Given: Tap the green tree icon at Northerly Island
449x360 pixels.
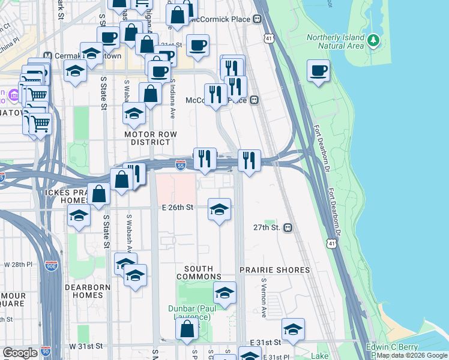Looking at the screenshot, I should tap(374, 40).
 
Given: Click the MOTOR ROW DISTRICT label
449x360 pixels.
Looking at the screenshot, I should tap(148, 138).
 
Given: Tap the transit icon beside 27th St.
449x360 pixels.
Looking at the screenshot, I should tap(288, 228).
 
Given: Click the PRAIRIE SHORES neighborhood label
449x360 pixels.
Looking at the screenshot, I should tap(275, 270).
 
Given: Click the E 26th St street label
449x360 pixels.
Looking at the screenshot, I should tap(177, 208).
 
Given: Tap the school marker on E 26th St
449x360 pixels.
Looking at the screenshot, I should tap(219, 209).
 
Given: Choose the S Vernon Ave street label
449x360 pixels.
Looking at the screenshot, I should tap(264, 298).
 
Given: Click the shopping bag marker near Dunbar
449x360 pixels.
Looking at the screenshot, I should tap(187, 329).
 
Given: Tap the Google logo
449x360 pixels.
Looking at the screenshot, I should tap(20, 353).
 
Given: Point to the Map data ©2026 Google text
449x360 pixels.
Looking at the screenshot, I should tap(412, 355).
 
